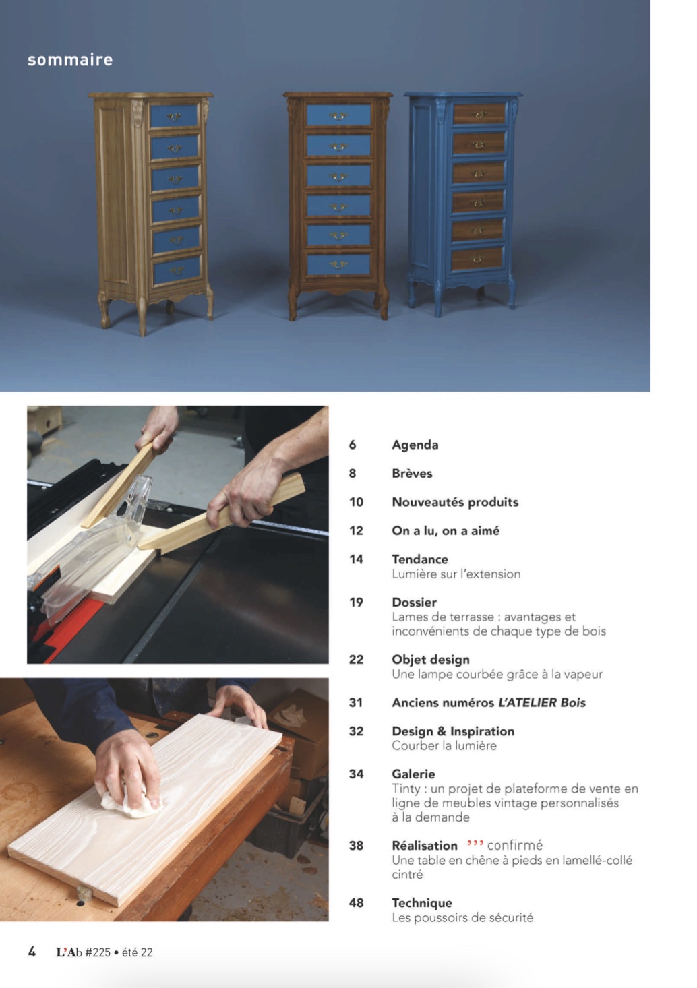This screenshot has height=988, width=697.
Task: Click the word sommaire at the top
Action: tap(69, 59)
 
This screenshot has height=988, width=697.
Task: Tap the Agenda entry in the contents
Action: tap(415, 445)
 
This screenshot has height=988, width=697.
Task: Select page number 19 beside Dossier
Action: tap(356, 602)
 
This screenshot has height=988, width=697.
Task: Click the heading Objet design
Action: tap(431, 659)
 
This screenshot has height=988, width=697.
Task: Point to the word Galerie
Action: tap(413, 774)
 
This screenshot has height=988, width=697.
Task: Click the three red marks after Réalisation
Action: tap(475, 843)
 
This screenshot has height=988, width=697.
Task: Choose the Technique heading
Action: tap(422, 903)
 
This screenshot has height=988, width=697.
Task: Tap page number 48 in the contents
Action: tap(356, 903)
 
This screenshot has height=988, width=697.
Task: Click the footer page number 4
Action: tap(32, 952)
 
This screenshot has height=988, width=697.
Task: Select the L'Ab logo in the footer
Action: tap(69, 952)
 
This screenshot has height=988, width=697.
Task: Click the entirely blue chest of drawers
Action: tap(462, 203)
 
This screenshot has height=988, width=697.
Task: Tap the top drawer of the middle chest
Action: tap(338, 115)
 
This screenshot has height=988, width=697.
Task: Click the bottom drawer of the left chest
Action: tap(177, 270)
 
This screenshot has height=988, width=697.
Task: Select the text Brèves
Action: tap(412, 473)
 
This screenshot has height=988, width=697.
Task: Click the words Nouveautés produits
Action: tap(455, 502)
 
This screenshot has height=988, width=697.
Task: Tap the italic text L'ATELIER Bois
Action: tap(542, 702)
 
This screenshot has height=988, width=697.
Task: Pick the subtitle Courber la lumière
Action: tap(444, 745)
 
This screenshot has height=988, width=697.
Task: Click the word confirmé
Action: tap(515, 845)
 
